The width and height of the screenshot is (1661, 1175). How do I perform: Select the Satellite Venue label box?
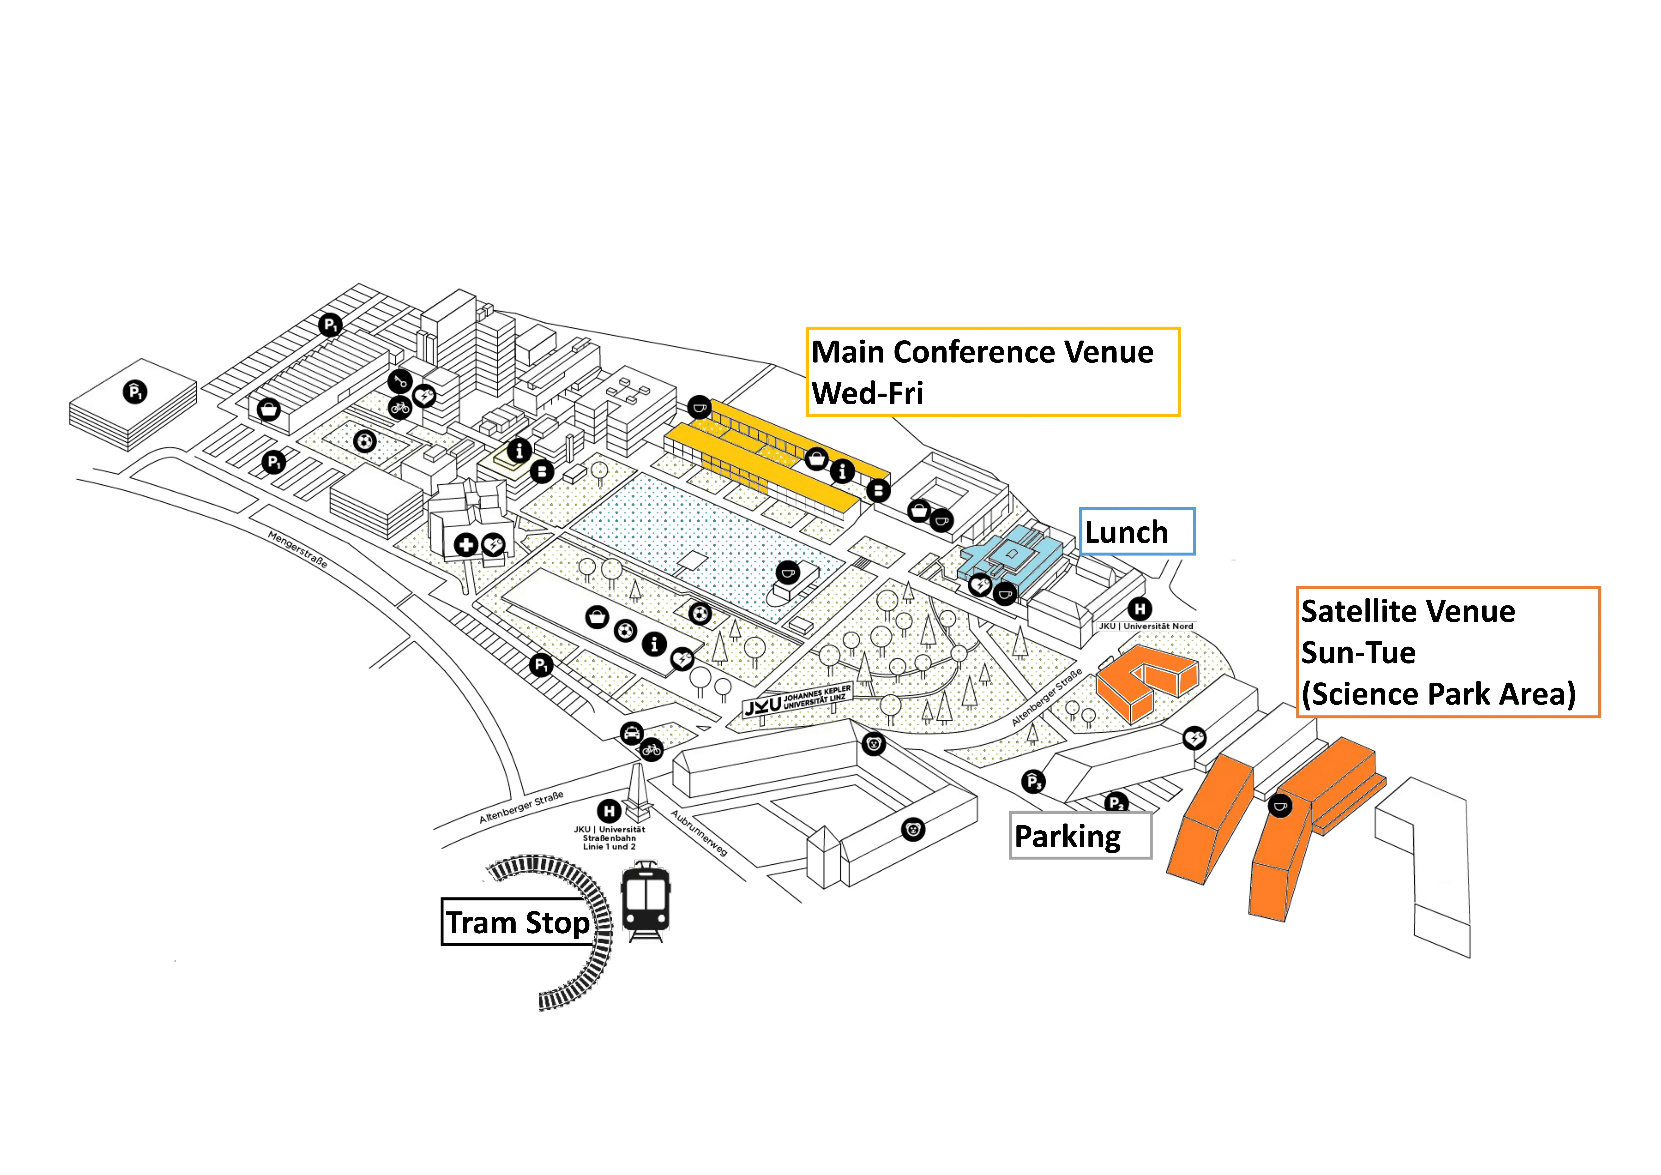click(x=1448, y=652)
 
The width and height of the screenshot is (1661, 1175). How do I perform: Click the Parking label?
click(x=1080, y=836)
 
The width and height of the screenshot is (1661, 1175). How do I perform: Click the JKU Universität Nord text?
click(x=1146, y=626)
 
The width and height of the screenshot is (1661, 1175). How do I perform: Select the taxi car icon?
click(x=631, y=733)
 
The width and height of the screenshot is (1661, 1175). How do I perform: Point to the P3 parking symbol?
click(x=1033, y=781)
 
